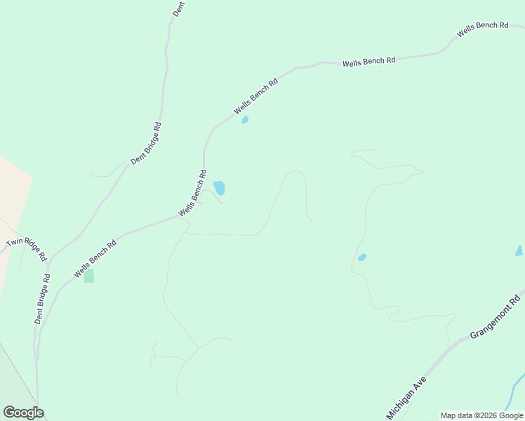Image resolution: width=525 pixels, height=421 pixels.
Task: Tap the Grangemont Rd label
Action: point(495,317)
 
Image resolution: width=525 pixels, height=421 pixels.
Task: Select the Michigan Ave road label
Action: point(406,397)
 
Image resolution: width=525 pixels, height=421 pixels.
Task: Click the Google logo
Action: point(23,413)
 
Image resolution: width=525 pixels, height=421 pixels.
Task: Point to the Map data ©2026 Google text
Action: point(481,415)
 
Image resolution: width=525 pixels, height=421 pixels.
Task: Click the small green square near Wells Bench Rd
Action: point(89,276)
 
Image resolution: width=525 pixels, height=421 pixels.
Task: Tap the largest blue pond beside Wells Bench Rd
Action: point(220,187)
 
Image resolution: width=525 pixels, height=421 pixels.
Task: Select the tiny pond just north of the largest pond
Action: point(245,120)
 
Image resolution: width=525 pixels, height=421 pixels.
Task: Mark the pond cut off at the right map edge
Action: point(519,250)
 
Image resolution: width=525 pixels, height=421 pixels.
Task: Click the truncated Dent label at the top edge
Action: point(178,8)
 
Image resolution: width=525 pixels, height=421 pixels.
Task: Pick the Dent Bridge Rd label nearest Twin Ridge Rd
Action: point(44,298)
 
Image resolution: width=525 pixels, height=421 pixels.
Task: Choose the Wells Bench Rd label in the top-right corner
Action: point(482,29)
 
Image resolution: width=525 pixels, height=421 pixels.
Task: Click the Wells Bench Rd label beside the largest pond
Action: point(192,193)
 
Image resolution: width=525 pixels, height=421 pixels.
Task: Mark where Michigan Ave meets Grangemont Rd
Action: point(449,346)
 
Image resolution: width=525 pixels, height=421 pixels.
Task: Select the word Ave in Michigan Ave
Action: point(419,384)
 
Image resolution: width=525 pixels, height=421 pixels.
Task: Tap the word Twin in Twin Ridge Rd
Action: point(14,242)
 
